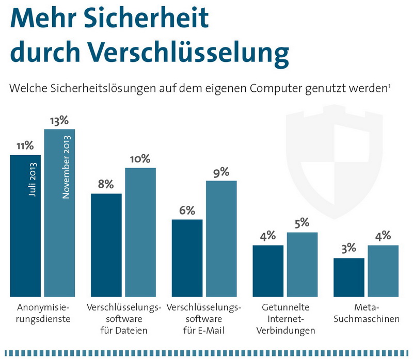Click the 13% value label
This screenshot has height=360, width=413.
point(59,121)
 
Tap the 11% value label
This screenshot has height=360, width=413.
point(25,146)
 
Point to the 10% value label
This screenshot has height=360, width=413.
point(140,159)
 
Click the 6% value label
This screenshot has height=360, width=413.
point(187,210)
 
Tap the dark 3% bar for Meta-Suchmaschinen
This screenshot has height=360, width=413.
point(349,277)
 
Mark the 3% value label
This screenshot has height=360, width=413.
point(349,249)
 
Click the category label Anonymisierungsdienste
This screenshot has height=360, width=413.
point(43,313)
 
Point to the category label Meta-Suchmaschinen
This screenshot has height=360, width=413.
point(367,313)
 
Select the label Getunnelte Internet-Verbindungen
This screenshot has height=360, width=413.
point(286,319)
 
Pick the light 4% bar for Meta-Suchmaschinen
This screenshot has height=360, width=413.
point(383,271)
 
